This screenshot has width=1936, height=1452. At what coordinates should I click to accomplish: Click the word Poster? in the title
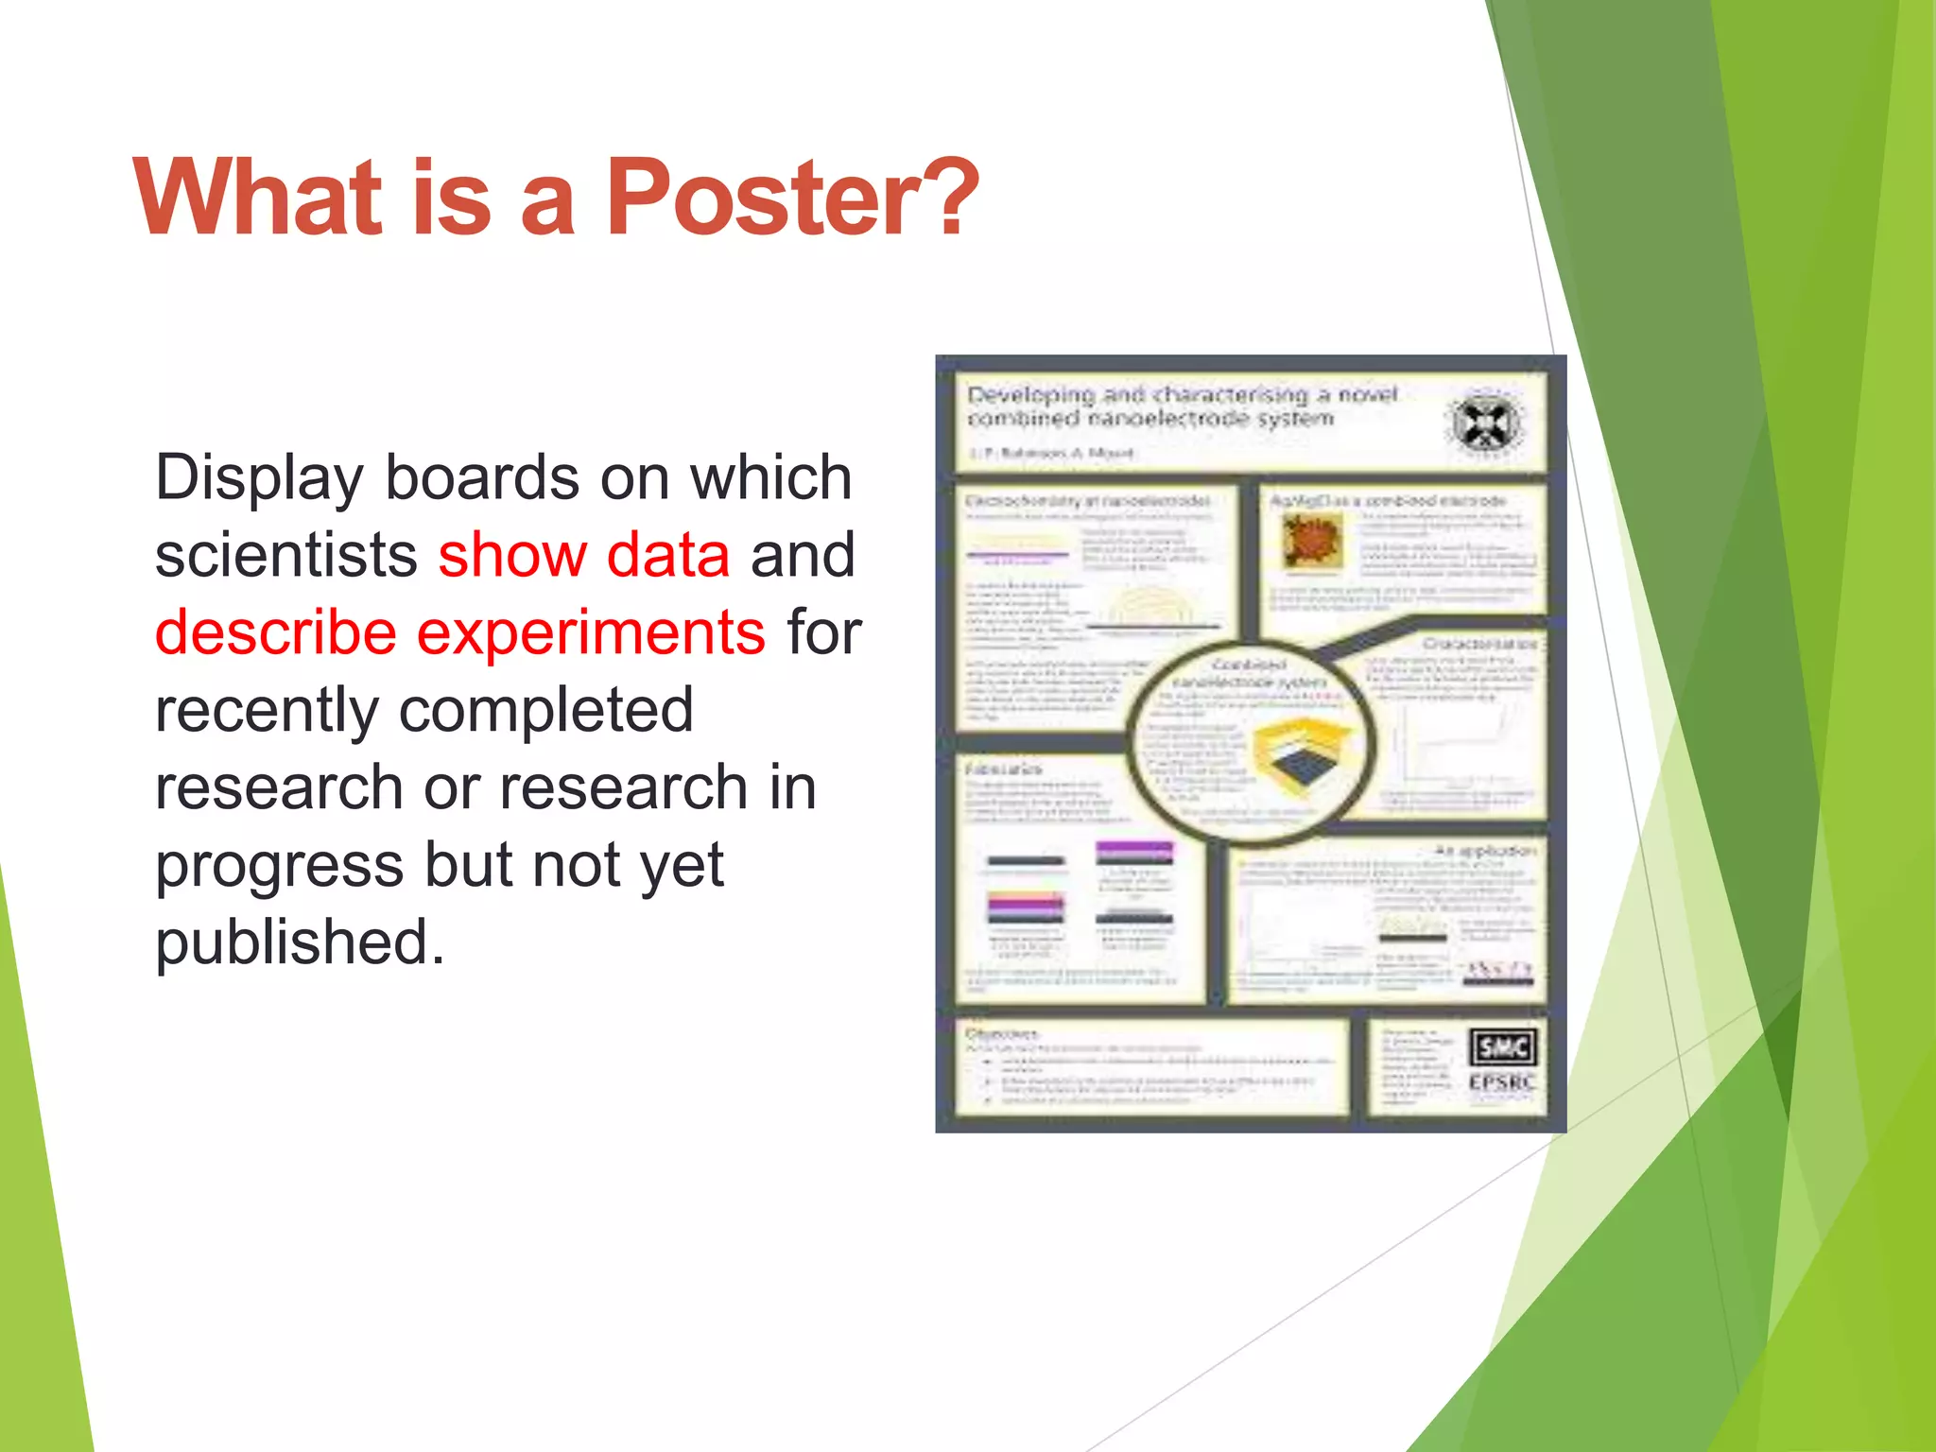[x=792, y=199]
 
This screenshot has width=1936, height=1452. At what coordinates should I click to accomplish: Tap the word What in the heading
[x=257, y=199]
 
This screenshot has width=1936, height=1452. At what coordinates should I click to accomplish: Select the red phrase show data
[x=583, y=555]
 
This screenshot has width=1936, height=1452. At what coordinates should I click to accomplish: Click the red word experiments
[x=591, y=632]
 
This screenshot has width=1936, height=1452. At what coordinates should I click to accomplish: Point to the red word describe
[x=275, y=632]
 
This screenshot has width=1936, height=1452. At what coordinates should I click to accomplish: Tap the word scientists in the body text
[x=286, y=555]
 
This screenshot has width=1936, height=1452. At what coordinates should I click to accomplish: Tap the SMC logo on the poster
[x=1502, y=1046]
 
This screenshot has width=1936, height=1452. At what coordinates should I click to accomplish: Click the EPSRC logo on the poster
[x=1501, y=1082]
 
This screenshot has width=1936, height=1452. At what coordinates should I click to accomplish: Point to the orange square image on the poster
[x=1313, y=541]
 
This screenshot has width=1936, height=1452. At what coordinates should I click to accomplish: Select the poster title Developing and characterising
[x=1182, y=406]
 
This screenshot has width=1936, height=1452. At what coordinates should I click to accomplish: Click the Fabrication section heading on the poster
[x=1003, y=769]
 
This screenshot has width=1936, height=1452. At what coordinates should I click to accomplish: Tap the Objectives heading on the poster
[x=1002, y=1033]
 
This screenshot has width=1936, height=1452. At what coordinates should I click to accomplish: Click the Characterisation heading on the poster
[x=1479, y=643]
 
